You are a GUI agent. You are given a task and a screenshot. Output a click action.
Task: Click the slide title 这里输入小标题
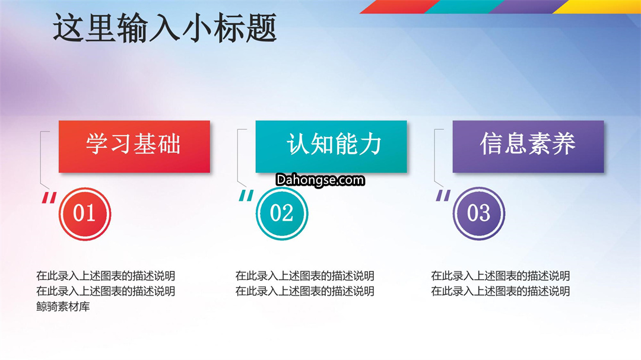(x=165, y=28)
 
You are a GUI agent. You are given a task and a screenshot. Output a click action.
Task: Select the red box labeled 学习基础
(x=134, y=146)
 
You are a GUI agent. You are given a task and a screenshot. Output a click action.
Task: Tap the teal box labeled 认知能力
(x=331, y=146)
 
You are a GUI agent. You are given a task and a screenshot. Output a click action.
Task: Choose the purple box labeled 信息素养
(x=528, y=146)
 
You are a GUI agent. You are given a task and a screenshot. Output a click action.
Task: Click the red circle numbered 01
(x=85, y=214)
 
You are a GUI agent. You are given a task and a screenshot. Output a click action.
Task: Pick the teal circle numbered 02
(x=282, y=214)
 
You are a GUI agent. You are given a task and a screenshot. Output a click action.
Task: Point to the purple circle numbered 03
(x=479, y=214)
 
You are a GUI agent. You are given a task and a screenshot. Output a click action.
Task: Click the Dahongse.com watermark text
(x=320, y=180)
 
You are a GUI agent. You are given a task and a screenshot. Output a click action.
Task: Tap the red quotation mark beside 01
(x=49, y=197)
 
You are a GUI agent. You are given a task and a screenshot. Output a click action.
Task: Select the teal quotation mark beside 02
(x=246, y=196)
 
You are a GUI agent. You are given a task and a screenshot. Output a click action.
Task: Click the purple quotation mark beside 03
(x=443, y=196)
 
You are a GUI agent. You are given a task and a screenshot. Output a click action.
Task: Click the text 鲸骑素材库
(x=63, y=307)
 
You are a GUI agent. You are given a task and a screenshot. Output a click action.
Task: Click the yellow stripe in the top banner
(x=597, y=7)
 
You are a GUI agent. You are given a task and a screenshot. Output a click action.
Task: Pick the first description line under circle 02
(x=304, y=276)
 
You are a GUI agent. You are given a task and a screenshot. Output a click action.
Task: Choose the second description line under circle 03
(x=500, y=291)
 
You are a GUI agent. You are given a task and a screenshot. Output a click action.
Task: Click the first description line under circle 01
(x=106, y=276)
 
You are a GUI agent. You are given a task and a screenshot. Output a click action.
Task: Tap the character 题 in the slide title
(x=262, y=28)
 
